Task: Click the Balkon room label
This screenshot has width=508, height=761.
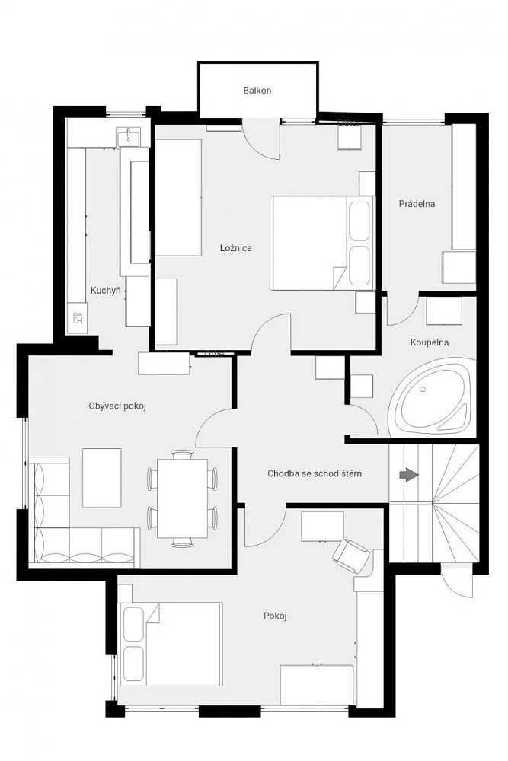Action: [257, 91]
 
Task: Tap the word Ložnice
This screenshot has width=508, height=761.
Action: [235, 248]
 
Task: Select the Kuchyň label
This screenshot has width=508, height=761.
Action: [105, 291]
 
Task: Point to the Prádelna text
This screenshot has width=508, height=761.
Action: [417, 204]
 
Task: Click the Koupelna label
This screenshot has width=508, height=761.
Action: [430, 342]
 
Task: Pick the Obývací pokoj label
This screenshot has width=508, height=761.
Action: [117, 406]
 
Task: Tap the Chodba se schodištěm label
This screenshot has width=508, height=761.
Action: [315, 473]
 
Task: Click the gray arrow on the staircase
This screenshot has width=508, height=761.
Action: [409, 475]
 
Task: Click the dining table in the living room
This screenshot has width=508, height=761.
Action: [182, 498]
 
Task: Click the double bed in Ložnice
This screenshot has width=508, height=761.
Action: [322, 243]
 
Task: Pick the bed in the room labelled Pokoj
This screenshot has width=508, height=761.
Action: [171, 644]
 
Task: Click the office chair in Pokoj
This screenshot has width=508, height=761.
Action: [350, 555]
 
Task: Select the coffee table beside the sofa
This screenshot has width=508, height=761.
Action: [102, 478]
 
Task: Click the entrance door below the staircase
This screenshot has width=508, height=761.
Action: [456, 581]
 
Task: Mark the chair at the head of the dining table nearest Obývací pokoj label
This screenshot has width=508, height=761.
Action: [182, 455]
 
